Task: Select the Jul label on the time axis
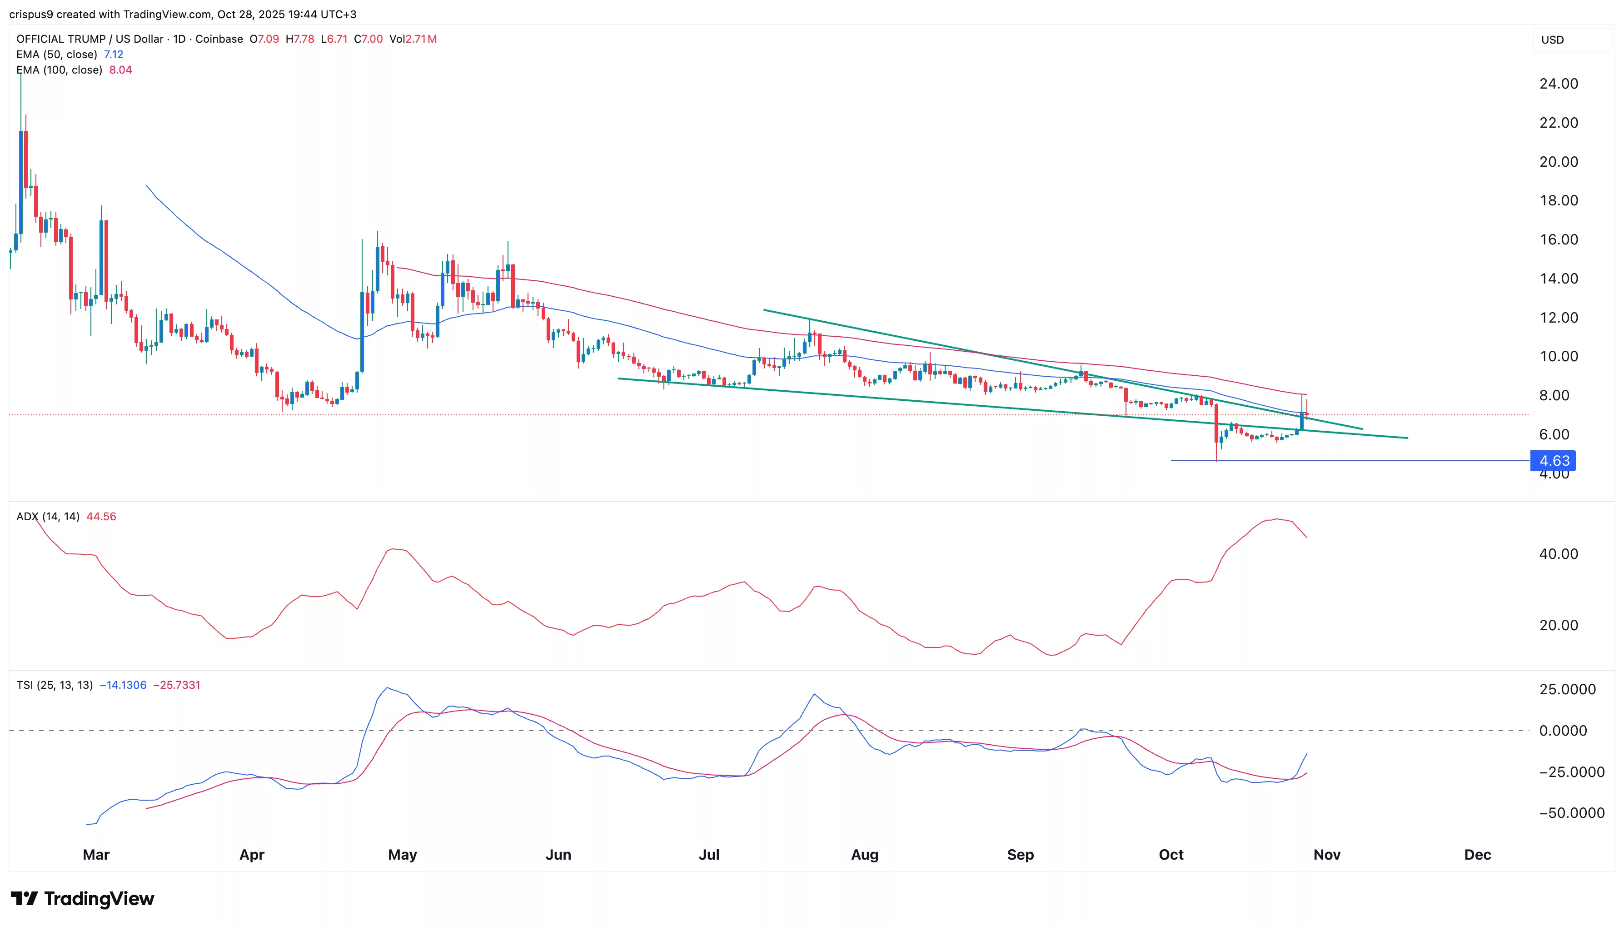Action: click(708, 854)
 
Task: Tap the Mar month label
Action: click(96, 854)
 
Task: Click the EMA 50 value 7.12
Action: click(113, 55)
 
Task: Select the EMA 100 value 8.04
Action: click(120, 70)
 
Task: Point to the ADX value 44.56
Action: click(101, 517)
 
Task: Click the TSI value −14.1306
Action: click(123, 685)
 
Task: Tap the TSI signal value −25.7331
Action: click(176, 685)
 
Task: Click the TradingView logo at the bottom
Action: click(82, 899)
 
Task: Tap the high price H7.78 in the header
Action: click(299, 39)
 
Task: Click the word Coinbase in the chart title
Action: click(219, 39)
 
